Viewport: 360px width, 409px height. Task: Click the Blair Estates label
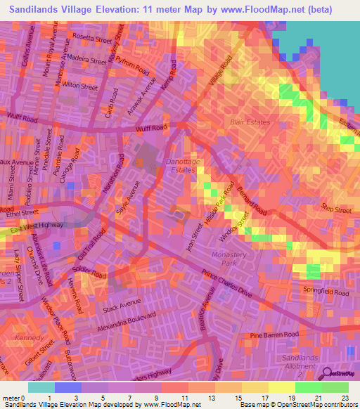(250, 122)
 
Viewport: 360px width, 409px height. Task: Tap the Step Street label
(336, 209)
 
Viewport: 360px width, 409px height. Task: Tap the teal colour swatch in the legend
(41, 387)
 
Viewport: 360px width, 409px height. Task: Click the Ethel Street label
(22, 212)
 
